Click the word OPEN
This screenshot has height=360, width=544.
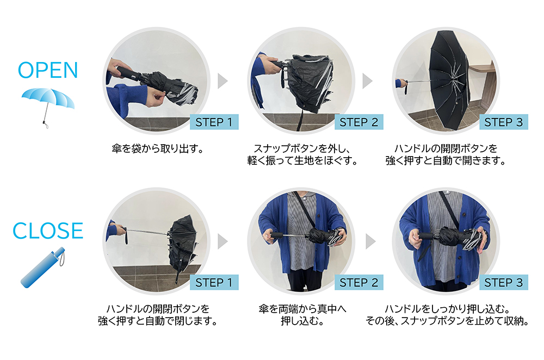pos(48,70)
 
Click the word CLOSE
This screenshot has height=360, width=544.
pos(48,231)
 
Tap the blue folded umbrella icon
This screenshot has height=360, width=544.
pos(43,267)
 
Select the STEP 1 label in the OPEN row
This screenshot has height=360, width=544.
pos(214,122)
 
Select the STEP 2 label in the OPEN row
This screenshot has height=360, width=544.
pos(358,122)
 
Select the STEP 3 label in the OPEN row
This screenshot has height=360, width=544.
pos(503,122)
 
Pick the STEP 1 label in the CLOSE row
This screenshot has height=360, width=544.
pos(214,282)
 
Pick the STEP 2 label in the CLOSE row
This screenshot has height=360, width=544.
pos(358,282)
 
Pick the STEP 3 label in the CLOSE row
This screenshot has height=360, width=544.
pos(503,282)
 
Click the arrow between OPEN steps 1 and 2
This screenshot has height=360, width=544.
pos(222,81)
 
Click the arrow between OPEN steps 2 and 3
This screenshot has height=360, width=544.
pos(367,81)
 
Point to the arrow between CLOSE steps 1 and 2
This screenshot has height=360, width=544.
pos(222,241)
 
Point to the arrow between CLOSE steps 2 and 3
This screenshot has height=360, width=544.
pos(370,241)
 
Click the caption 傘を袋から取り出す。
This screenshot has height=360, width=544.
pos(158,149)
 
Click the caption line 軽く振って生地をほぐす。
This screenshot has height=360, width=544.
pos(302,160)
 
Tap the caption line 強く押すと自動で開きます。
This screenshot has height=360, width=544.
pos(446,160)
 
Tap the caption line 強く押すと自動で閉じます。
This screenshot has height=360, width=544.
pos(158,321)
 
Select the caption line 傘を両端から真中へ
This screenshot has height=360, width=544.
pos(302,309)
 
